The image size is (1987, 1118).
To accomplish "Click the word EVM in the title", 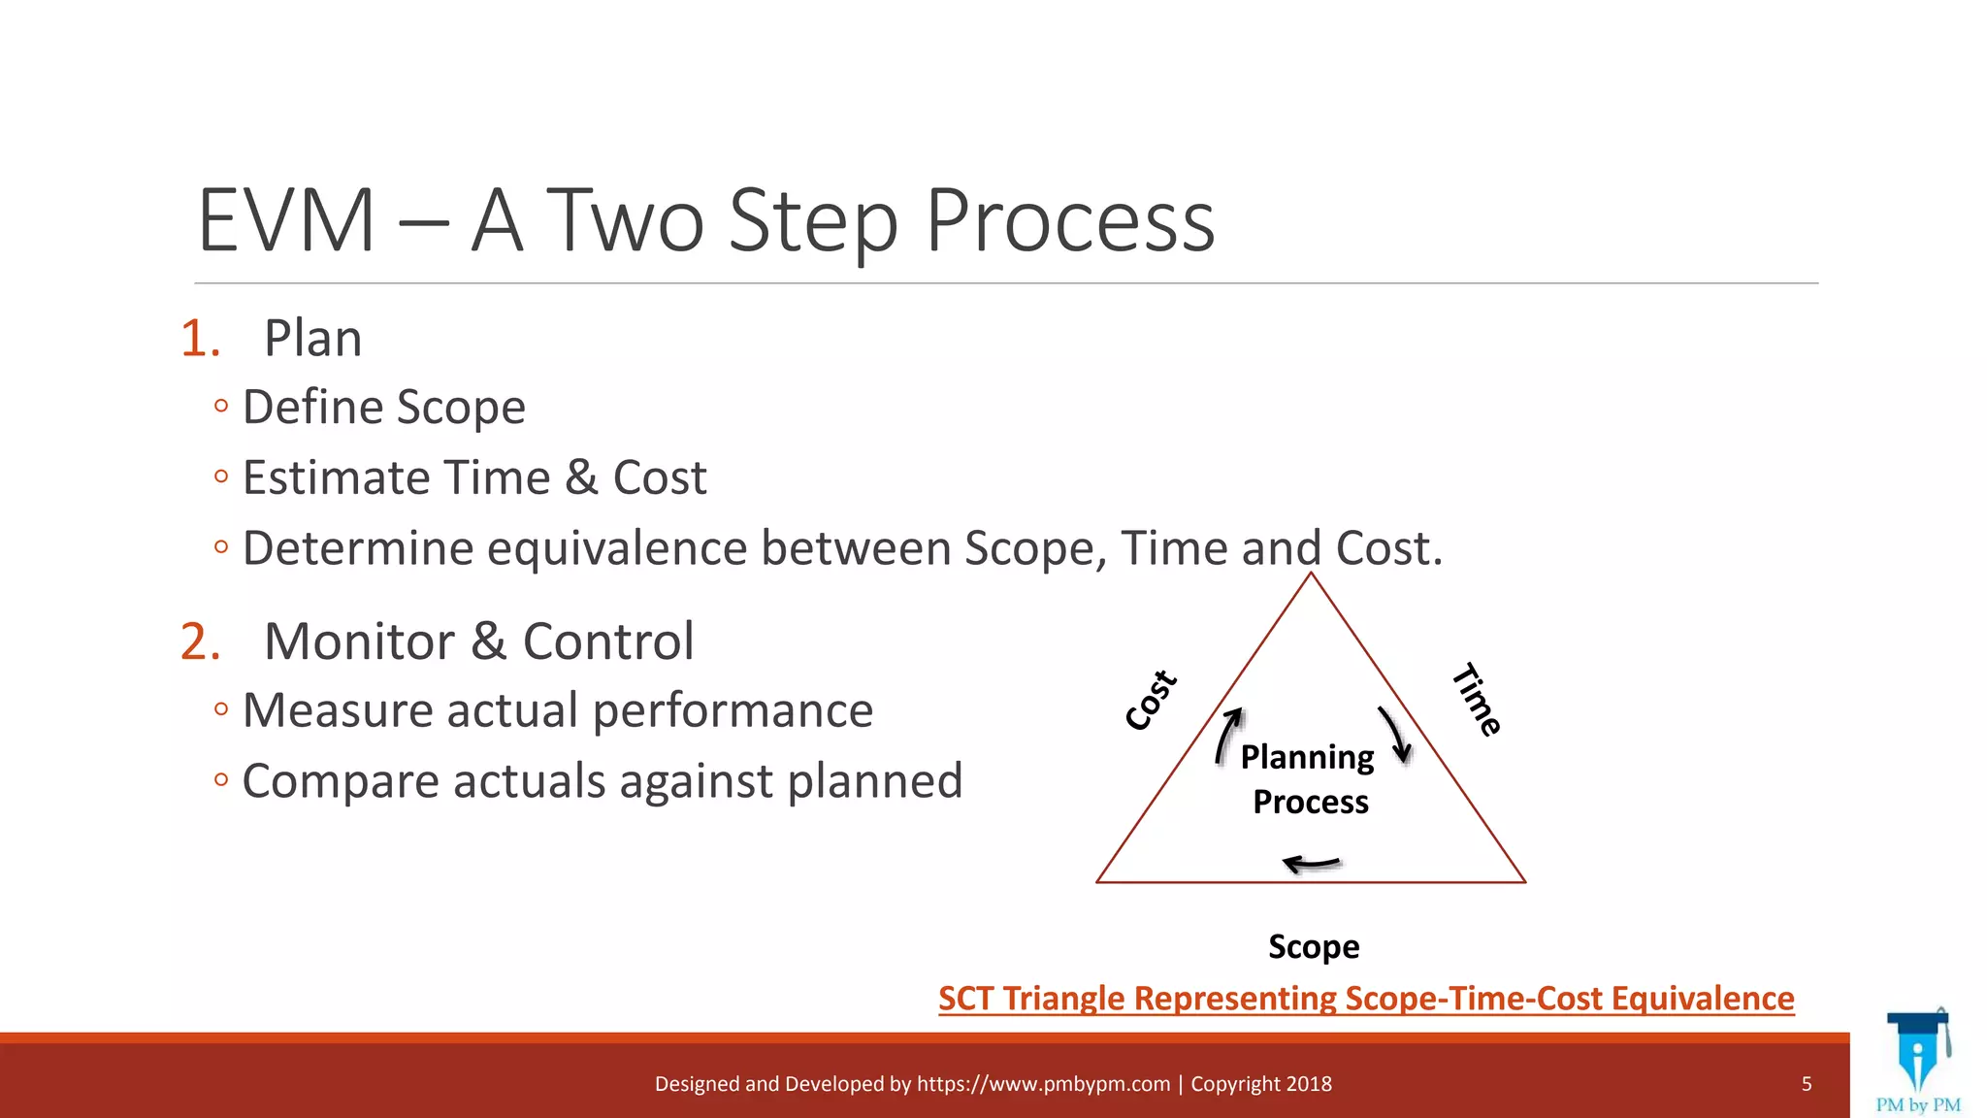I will [x=286, y=221].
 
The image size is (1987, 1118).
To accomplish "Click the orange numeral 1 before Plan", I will [x=199, y=339].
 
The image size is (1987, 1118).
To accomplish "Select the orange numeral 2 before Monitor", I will [x=200, y=641].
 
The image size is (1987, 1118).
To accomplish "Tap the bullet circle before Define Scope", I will [x=221, y=406].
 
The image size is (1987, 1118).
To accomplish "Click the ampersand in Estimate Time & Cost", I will [x=581, y=477].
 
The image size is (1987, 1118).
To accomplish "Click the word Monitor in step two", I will [x=359, y=641].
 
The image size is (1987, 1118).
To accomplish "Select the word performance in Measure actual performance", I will [x=733, y=710].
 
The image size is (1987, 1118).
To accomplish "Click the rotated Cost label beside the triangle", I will [x=1152, y=700].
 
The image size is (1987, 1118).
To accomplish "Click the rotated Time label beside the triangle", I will [x=1477, y=700].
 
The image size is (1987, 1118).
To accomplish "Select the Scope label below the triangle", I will [x=1314, y=946].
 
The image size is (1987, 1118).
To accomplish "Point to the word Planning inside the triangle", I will [x=1307, y=757].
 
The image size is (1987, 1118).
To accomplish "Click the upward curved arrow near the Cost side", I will [x=1228, y=736].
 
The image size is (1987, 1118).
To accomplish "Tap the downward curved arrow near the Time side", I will [x=1396, y=734].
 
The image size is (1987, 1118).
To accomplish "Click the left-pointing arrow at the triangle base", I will [x=1311, y=863].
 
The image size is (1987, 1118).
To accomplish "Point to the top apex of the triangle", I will [x=1311, y=575].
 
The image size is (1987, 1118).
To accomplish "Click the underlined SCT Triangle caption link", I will [x=1366, y=999].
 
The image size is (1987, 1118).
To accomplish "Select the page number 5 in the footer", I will [x=1807, y=1084].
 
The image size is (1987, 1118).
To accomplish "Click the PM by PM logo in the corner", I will [x=1918, y=1064].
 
